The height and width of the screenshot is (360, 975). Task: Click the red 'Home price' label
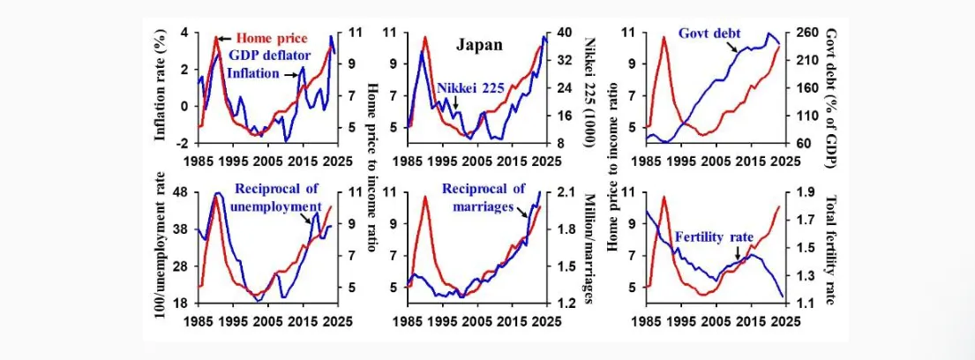point(271,38)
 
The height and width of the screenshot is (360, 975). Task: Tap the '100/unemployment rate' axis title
point(161,248)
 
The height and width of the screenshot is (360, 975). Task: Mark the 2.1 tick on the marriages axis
point(567,192)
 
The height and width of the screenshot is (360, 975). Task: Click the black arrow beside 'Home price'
point(224,38)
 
